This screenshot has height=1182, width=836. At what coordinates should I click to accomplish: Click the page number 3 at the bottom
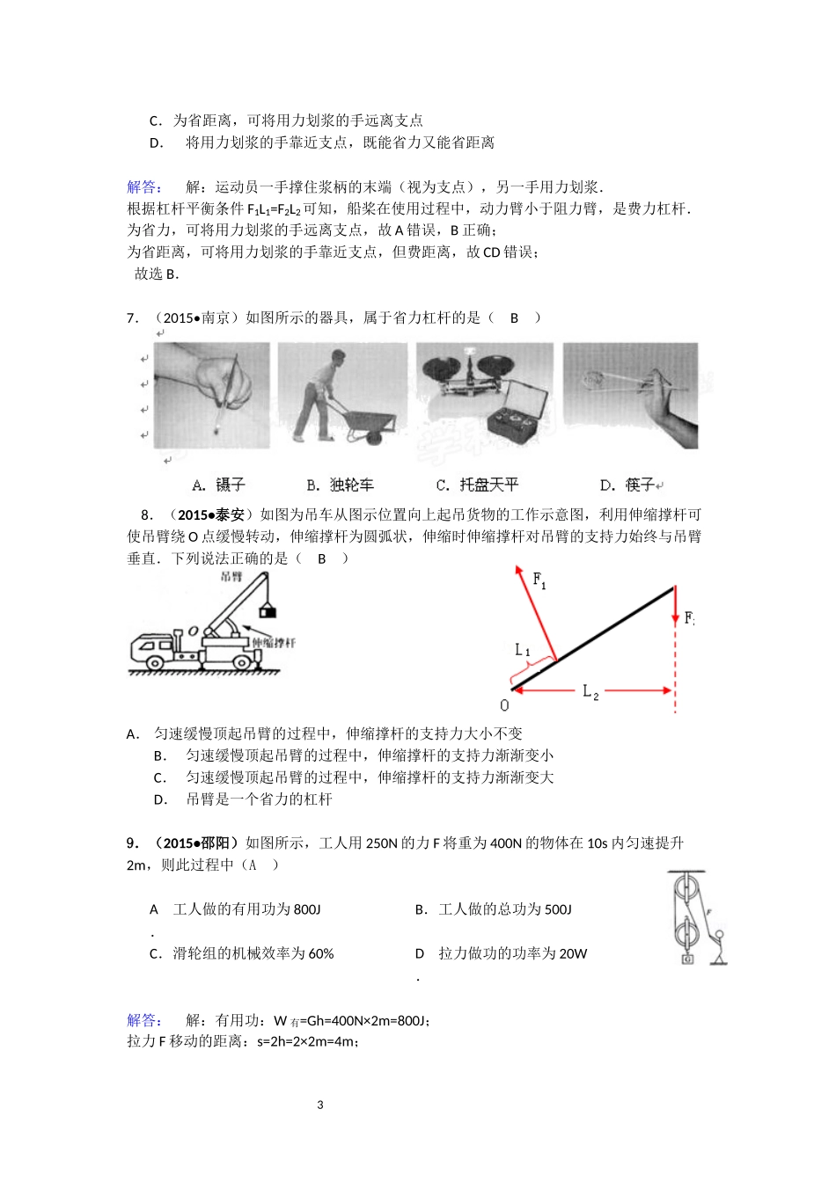(320, 1105)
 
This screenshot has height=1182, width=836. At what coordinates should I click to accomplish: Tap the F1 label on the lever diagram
(539, 580)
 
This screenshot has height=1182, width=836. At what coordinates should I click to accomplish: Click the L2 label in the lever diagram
(590, 692)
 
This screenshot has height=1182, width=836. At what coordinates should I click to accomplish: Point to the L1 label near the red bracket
(523, 650)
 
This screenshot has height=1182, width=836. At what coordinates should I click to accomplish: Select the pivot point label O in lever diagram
(504, 705)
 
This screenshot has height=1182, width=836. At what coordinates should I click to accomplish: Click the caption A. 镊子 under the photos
(219, 485)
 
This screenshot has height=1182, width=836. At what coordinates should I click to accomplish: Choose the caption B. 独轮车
(340, 485)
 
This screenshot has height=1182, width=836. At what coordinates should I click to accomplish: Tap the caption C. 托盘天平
(477, 485)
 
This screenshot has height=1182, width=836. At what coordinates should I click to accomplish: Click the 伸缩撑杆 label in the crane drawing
(274, 643)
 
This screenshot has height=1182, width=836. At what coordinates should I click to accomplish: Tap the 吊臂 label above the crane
(231, 577)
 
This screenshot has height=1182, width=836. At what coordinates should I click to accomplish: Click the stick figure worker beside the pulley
(719, 945)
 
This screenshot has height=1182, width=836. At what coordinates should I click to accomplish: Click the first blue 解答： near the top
(144, 186)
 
